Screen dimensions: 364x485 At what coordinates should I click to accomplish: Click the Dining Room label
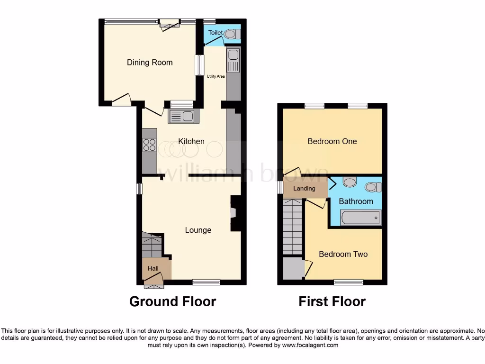tap(150, 63)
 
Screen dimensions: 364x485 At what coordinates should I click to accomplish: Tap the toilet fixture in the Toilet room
tap(230, 34)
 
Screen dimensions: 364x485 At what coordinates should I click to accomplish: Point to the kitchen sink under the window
tap(180, 116)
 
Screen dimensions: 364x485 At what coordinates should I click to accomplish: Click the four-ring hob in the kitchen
tap(149, 145)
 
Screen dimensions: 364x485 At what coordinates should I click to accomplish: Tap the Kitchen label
tap(191, 141)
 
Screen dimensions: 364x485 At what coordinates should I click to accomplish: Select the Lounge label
tap(198, 230)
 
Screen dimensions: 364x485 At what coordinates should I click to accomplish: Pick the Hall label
tap(153, 269)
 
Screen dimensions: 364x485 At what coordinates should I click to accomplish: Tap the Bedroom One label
tap(332, 141)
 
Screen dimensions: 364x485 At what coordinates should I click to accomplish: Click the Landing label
tap(304, 189)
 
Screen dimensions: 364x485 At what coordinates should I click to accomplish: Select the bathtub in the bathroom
tap(360, 218)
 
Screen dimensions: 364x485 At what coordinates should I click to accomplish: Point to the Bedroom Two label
tap(343, 255)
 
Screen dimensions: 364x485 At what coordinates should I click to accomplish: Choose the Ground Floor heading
tap(172, 301)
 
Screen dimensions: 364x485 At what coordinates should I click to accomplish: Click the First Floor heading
tap(332, 301)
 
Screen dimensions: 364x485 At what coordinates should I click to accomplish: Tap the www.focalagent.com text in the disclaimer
tap(311, 346)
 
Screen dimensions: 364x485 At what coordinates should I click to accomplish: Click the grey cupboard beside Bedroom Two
tap(293, 268)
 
